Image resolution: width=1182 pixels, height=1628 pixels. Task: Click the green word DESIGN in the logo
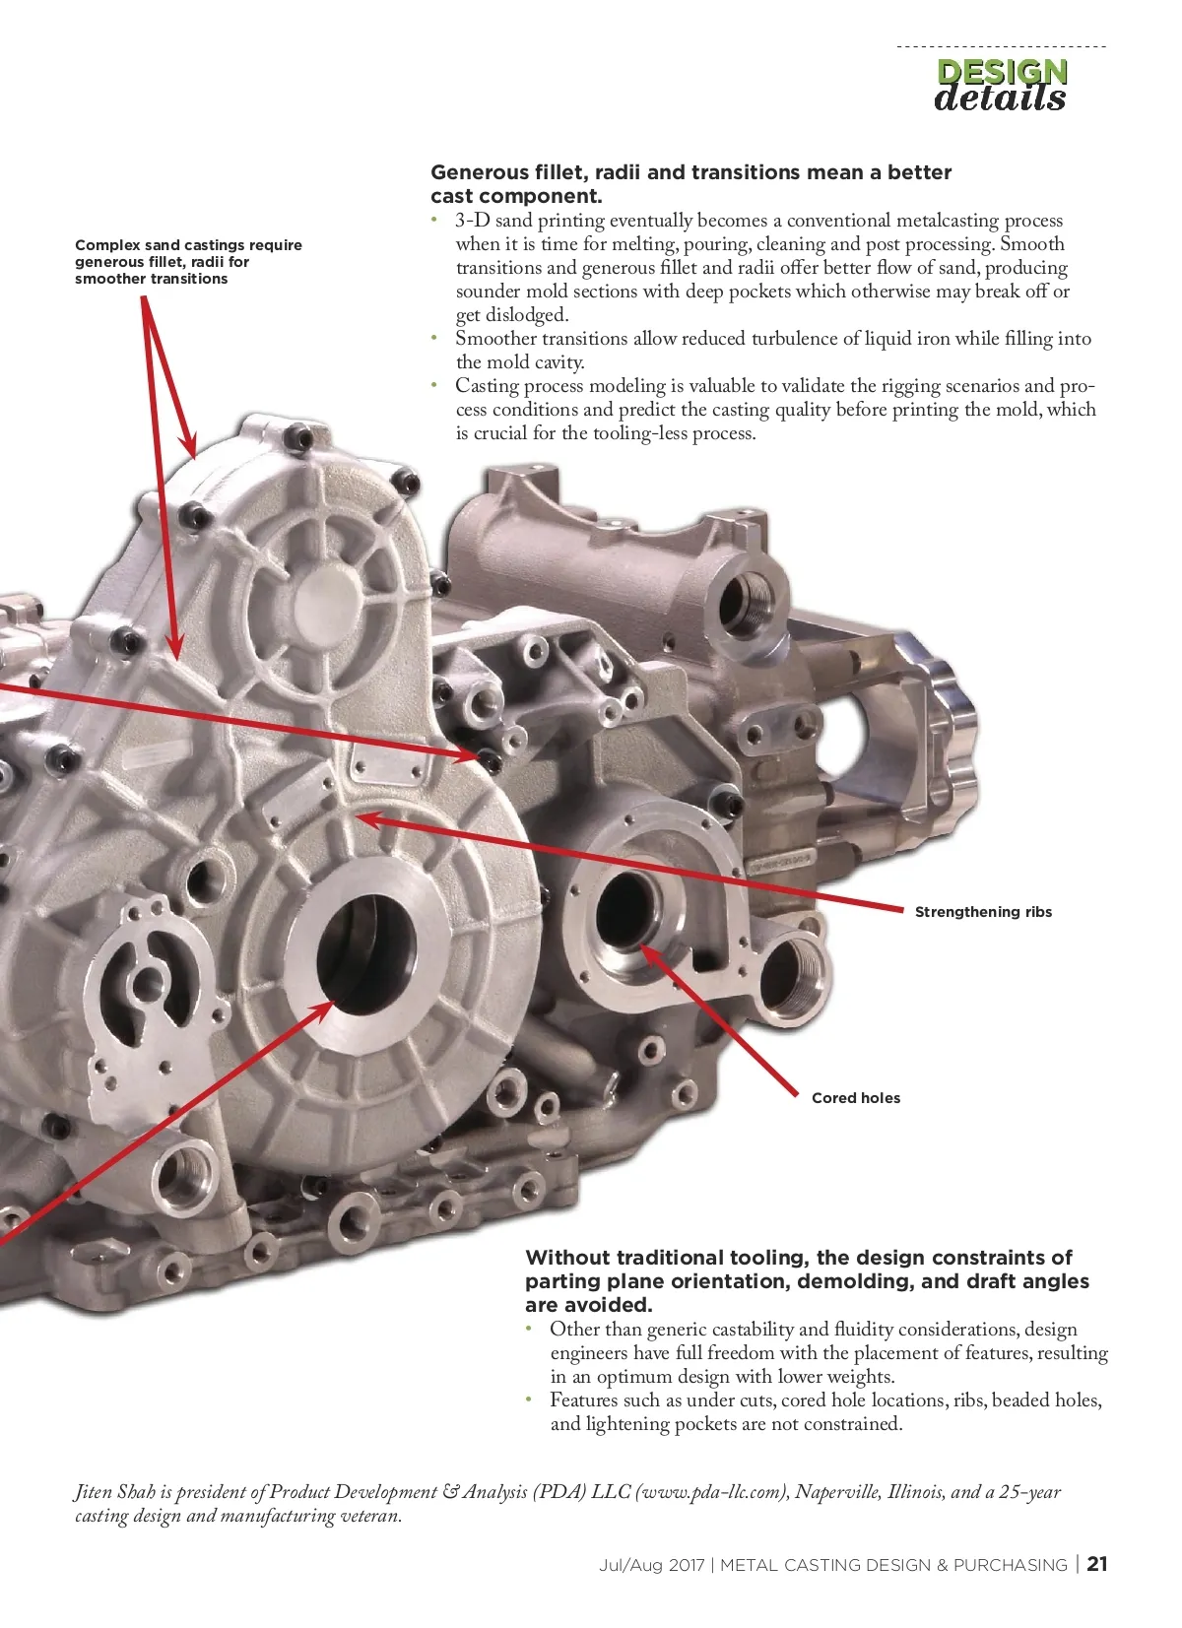1002,71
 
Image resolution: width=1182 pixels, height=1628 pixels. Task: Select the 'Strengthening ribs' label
983,912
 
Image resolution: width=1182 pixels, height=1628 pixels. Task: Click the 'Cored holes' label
856,1097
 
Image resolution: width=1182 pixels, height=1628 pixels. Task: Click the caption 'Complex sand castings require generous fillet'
188,253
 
